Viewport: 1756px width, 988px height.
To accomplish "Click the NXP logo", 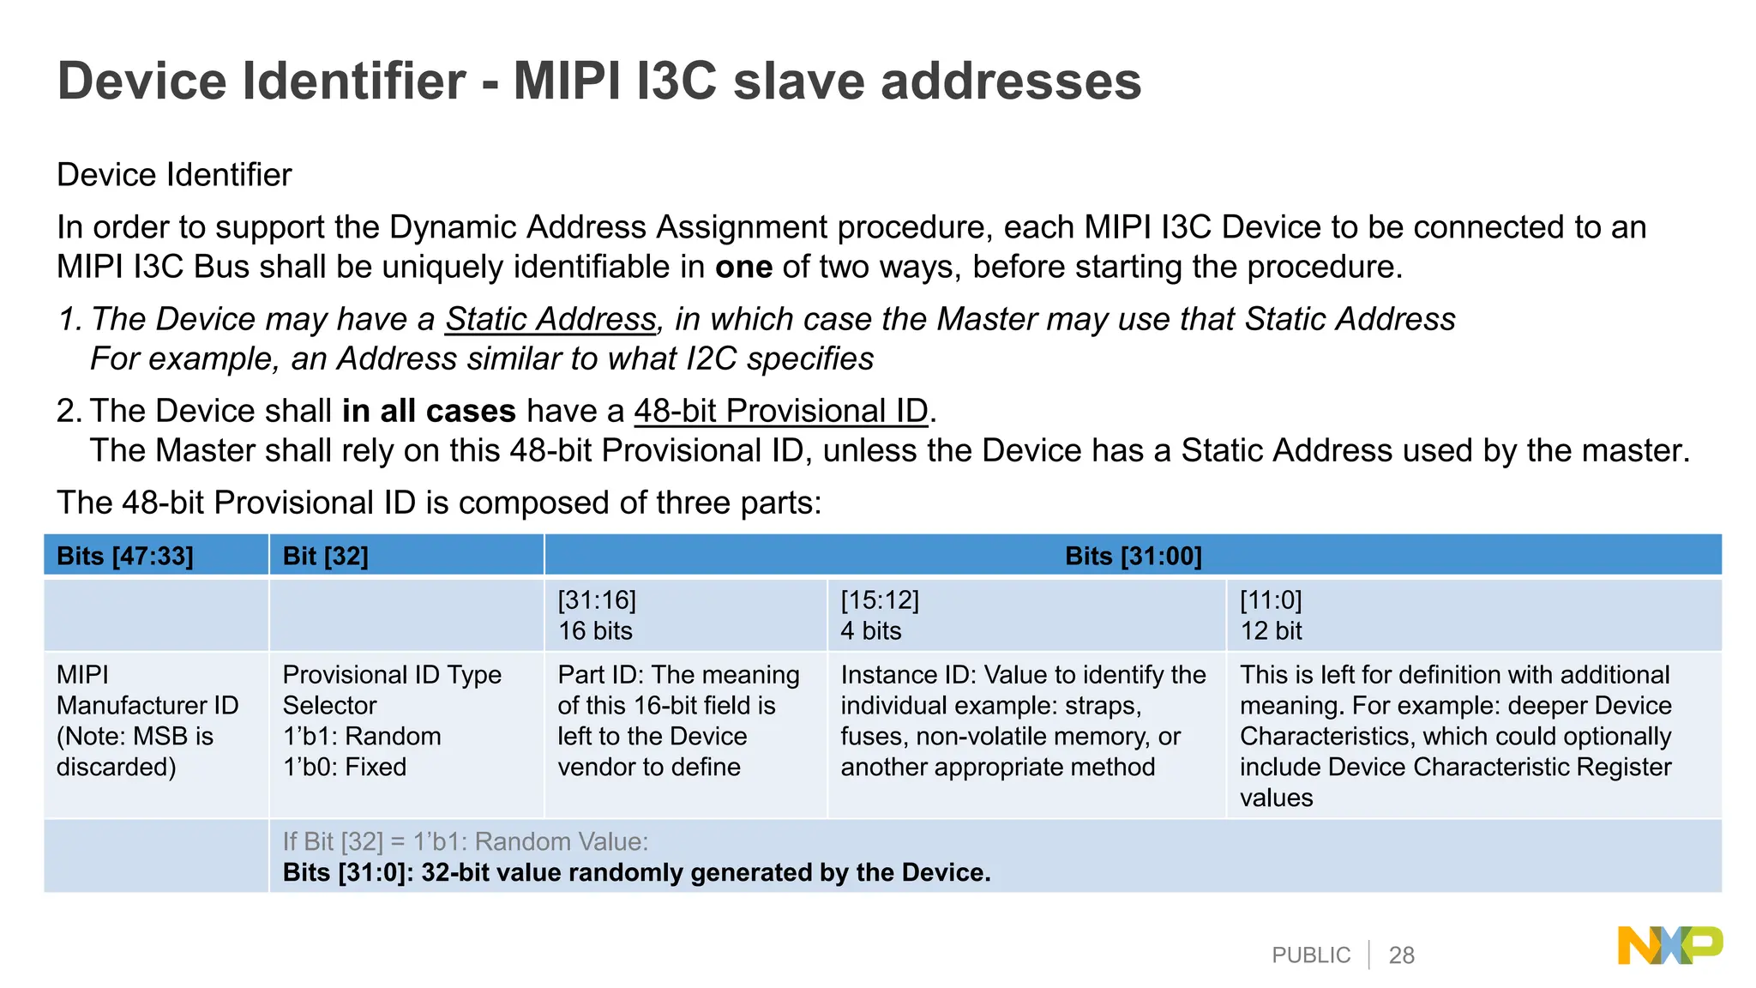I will coord(1669,946).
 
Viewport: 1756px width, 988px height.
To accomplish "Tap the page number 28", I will coord(1401,955).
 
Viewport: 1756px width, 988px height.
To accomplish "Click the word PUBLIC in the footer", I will coord(1310,955).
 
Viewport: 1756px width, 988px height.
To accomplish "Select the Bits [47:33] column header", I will coord(125,557).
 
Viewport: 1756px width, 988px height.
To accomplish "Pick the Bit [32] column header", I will coord(325,557).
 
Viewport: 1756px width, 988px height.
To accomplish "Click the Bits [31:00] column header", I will coord(1133,557).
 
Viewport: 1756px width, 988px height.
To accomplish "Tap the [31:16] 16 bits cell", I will coord(597,616).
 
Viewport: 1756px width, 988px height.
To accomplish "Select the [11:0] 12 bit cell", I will coord(1271,616).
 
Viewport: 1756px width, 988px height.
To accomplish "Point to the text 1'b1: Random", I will coord(362,737).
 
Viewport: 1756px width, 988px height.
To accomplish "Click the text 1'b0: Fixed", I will coord(345,768).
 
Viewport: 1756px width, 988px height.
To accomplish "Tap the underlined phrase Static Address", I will coord(550,319).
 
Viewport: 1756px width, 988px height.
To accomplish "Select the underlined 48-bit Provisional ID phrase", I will coord(781,411).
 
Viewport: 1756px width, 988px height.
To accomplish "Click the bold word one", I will coord(743,268).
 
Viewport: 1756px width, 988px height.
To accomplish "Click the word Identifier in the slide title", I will coord(354,81).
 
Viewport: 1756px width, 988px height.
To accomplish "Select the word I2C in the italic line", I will coord(711,358).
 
